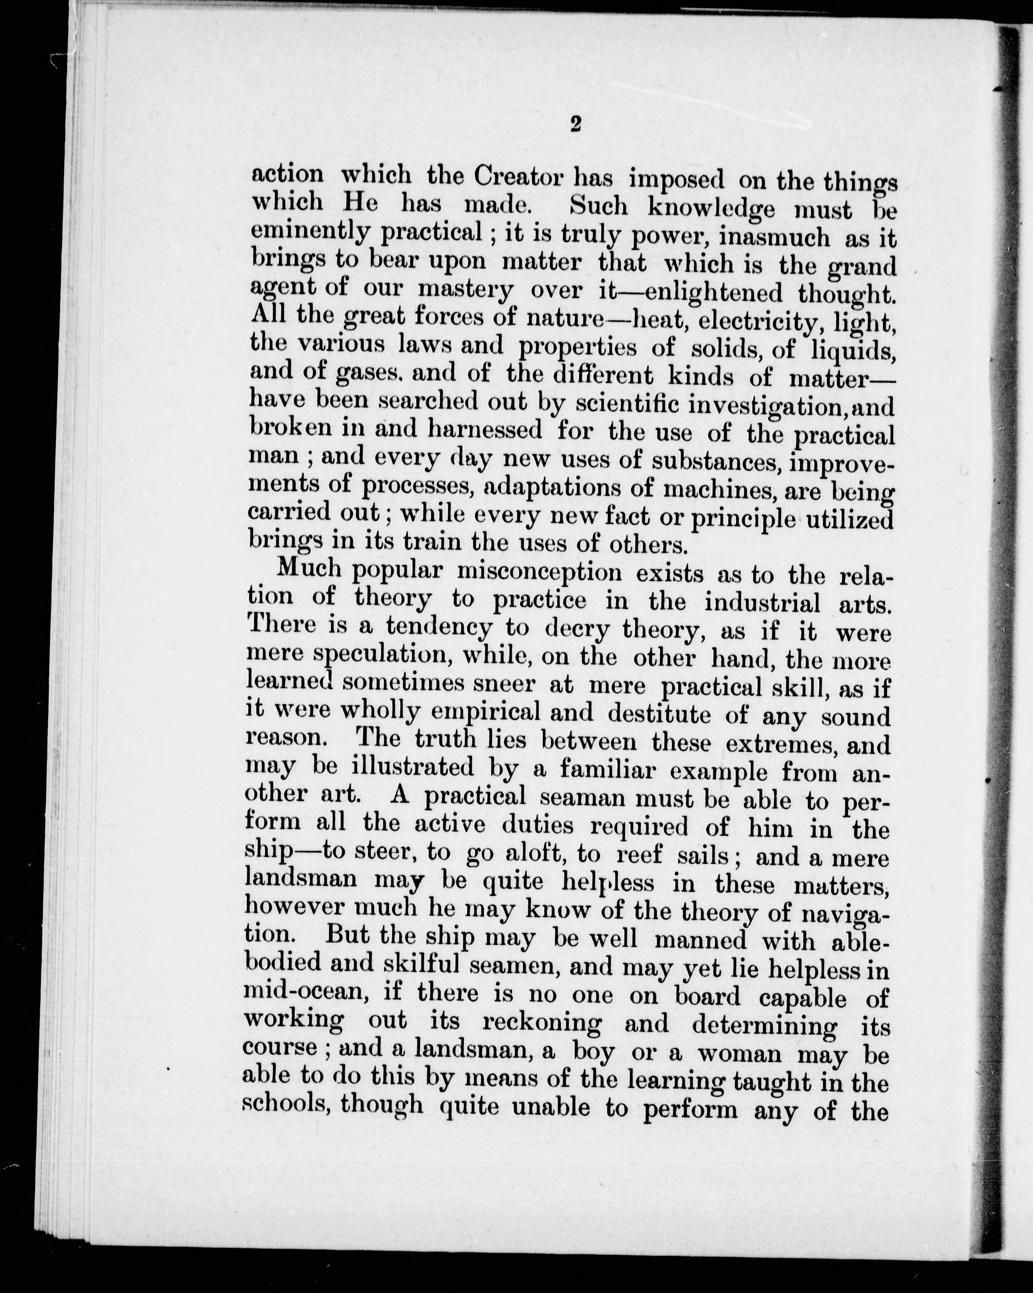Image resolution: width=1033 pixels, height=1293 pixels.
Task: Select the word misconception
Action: pos(539,573)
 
